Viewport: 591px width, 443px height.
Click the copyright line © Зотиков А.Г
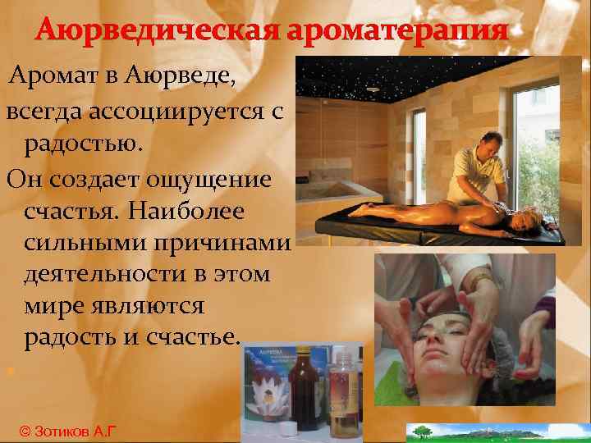66,432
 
